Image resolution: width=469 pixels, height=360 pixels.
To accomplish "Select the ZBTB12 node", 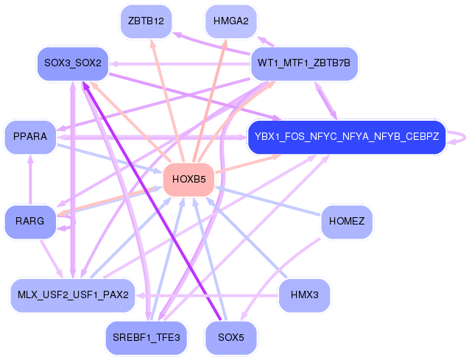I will click(145, 21).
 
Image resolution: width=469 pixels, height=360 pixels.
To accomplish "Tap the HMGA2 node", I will click(230, 21).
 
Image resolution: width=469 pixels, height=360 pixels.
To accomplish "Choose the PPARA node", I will click(30, 137).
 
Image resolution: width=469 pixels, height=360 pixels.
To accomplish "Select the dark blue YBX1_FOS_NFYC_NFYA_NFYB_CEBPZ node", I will click(346, 137).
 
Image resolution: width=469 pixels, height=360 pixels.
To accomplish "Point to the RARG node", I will click(30, 221).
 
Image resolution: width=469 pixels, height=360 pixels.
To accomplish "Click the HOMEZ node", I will click(347, 221).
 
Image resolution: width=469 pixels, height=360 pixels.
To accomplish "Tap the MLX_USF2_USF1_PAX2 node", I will click(72, 295).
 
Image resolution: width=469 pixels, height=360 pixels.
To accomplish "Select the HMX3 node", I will click(303, 295).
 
